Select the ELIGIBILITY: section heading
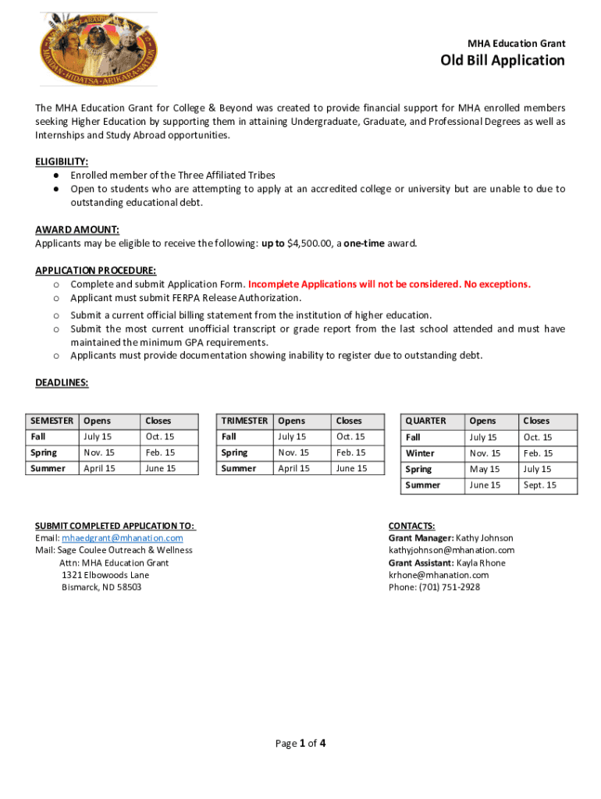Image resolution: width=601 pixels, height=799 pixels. click(62, 162)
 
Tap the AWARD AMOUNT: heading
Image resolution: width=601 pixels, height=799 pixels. click(76, 229)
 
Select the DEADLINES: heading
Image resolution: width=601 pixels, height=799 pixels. click(62, 382)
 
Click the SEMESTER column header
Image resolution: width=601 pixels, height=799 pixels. click(52, 421)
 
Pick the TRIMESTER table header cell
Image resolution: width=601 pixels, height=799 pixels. click(244, 421)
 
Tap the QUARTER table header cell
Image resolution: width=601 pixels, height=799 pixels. click(426, 421)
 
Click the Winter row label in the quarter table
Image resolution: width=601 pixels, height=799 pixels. click(420, 453)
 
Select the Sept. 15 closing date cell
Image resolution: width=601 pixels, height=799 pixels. click(540, 485)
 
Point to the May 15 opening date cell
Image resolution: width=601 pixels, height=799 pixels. click(484, 469)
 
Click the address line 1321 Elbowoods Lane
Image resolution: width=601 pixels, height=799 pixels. click(105, 575)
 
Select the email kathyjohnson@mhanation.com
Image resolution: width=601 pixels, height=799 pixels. click(451, 550)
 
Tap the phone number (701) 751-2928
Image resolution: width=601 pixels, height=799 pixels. click(450, 587)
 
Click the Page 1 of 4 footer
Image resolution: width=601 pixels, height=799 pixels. click(300, 743)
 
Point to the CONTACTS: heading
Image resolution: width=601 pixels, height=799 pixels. click(411, 526)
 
